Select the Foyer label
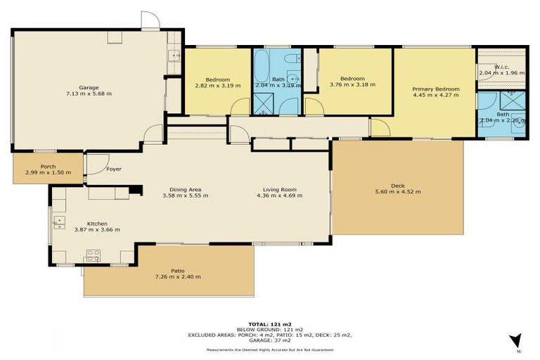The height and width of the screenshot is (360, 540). coord(114,169)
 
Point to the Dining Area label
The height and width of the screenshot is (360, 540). coord(188,189)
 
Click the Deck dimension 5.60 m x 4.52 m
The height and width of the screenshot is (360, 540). coord(397,192)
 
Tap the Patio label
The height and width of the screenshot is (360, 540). coord(177,271)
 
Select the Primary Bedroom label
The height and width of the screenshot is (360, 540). coord(435,89)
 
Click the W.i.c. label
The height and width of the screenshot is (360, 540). coord(502,67)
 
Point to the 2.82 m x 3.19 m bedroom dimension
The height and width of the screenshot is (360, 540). coord(217,85)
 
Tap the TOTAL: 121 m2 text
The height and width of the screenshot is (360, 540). coord(269,324)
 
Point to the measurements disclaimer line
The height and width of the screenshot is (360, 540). coord(269,349)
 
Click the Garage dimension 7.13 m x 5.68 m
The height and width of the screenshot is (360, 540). coord(88,94)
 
